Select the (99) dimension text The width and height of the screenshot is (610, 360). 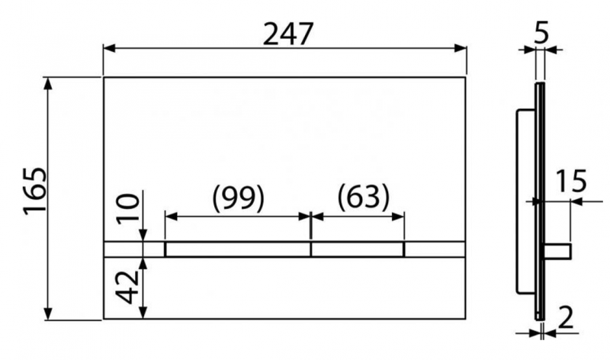tap(238, 198)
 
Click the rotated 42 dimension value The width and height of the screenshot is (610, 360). tap(132, 283)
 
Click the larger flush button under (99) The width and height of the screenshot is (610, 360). tap(238, 249)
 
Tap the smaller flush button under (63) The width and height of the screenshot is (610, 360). tap(358, 249)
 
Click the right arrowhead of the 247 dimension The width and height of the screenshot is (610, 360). tap(461, 48)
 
